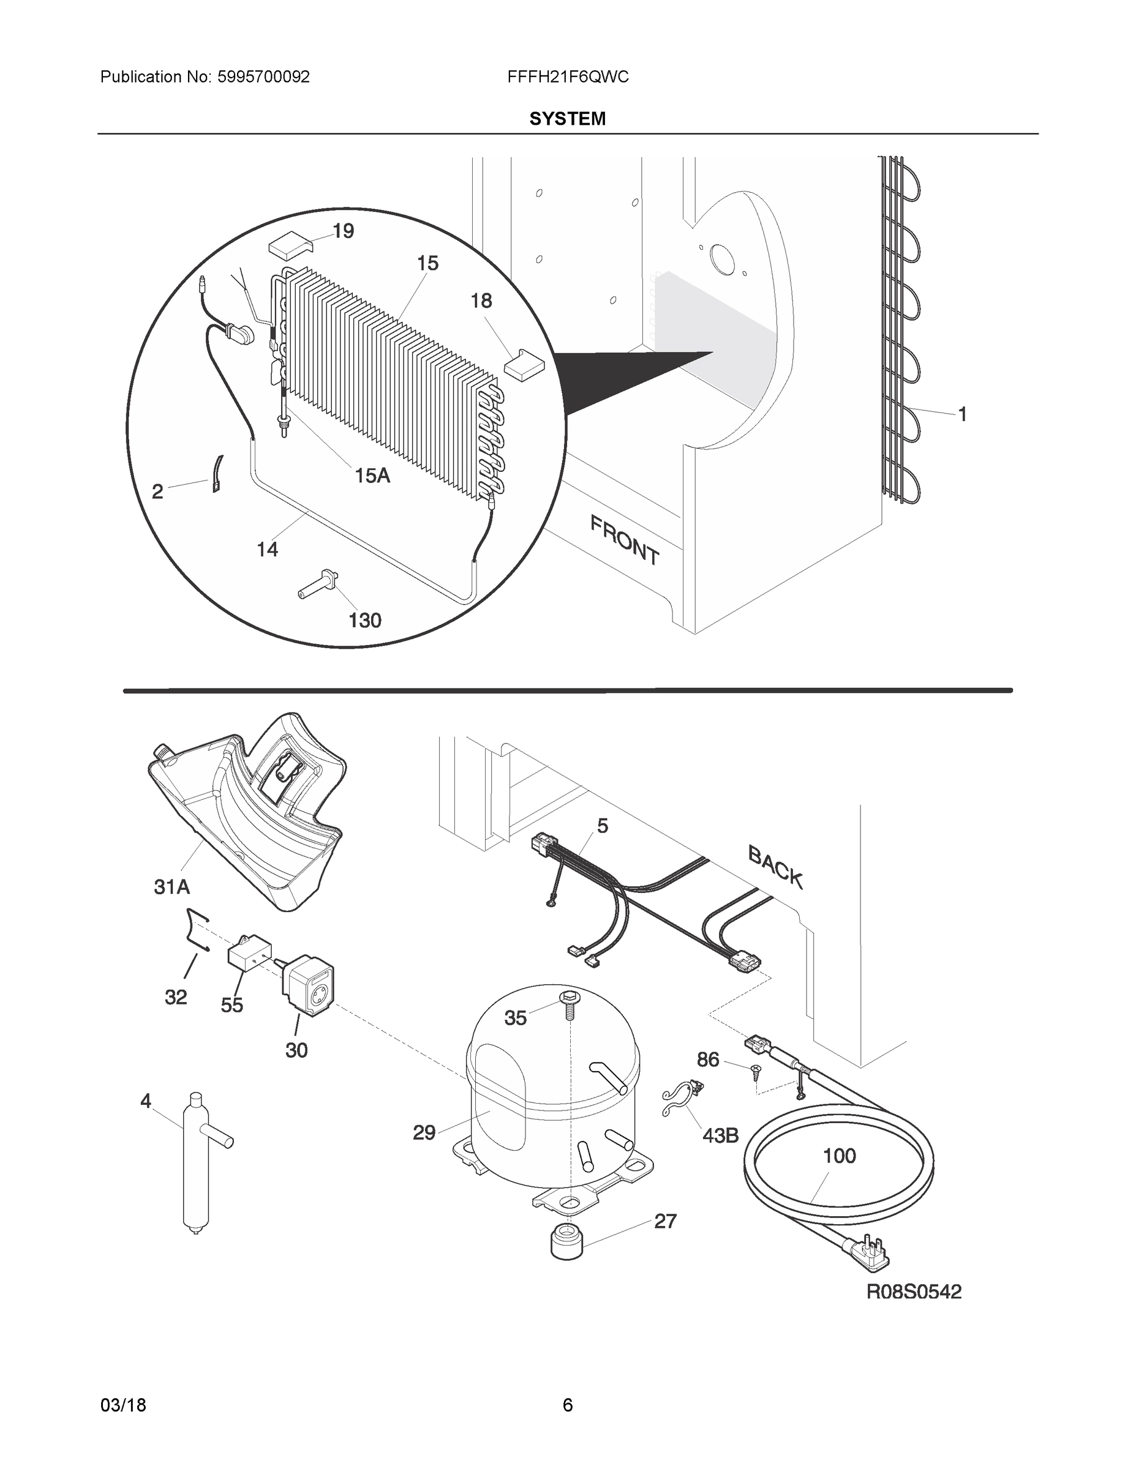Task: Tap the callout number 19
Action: click(x=343, y=231)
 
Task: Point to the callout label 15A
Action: click(x=372, y=476)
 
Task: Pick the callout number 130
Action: click(x=365, y=619)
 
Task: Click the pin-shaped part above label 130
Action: click(x=318, y=583)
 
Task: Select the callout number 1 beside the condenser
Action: click(x=962, y=414)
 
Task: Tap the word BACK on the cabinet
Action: click(x=775, y=867)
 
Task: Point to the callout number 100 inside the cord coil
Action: click(x=839, y=1156)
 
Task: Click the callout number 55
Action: click(x=231, y=1005)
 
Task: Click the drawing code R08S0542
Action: click(x=913, y=1291)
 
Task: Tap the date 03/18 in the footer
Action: click(x=123, y=1405)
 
